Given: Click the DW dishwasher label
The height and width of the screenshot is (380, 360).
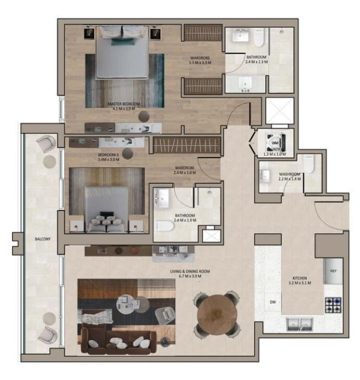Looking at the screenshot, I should pos(272,301).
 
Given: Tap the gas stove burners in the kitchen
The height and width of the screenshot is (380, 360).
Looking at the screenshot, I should pos(333,305).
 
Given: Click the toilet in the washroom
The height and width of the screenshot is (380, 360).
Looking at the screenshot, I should pos(309,165).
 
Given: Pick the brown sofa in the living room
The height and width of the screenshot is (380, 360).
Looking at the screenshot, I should pos(120,343).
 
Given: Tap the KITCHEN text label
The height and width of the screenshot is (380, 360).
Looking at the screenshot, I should pos(301,279).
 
